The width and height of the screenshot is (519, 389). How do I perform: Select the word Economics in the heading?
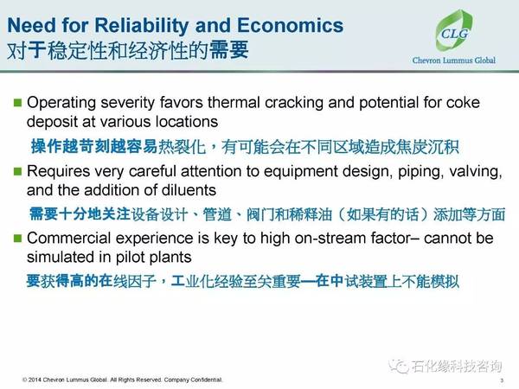click(290, 25)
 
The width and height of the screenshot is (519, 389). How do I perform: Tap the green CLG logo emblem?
click(454, 31)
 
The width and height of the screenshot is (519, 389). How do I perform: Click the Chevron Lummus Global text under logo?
click(454, 61)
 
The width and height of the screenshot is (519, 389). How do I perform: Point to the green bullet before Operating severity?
click(17, 103)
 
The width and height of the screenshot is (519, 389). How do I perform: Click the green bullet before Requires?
click(17, 171)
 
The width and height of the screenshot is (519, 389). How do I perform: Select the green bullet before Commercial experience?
click(17, 238)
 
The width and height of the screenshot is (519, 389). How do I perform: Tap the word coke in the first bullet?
click(463, 103)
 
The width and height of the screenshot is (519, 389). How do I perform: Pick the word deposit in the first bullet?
click(52, 122)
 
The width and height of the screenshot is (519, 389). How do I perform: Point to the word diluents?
click(189, 190)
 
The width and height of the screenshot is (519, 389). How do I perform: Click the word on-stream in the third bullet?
click(330, 239)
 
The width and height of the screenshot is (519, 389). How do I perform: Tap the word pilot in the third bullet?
click(131, 258)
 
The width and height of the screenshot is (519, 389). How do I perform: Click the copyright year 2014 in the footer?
click(35, 379)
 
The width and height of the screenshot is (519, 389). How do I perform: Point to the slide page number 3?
click(502, 380)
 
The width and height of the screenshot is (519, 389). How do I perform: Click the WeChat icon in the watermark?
click(399, 366)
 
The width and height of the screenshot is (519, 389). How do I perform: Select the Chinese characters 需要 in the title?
click(229, 50)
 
